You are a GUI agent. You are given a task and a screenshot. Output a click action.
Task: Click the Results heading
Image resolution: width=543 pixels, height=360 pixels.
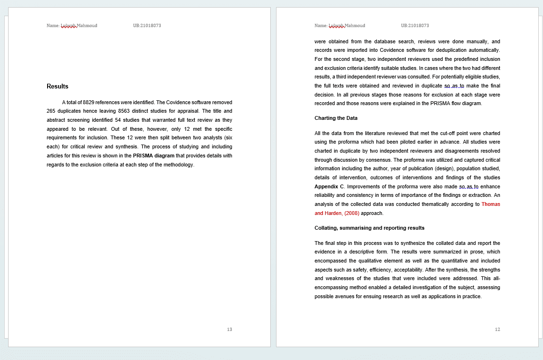click(58, 87)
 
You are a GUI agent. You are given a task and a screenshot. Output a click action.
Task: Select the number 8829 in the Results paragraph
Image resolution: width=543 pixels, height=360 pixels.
click(89, 102)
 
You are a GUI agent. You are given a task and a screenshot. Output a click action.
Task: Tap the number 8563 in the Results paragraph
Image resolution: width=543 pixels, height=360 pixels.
click(124, 111)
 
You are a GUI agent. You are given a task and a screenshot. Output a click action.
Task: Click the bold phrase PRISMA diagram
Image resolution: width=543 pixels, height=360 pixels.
click(154, 156)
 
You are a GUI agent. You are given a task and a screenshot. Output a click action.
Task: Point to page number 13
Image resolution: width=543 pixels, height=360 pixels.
click(229, 330)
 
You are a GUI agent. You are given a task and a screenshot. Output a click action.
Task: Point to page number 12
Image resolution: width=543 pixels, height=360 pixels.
click(497, 330)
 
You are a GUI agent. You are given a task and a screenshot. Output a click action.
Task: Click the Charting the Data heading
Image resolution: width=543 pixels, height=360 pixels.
click(336, 118)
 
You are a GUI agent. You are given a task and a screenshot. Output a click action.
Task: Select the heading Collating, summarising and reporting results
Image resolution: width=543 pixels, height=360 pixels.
click(369, 228)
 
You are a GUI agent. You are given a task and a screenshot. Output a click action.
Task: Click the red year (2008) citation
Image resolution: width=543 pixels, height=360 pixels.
click(352, 213)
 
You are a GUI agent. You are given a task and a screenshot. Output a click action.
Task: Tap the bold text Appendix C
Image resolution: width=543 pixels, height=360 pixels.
click(329, 186)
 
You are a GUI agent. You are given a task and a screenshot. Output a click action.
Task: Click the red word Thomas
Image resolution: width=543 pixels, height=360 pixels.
click(491, 204)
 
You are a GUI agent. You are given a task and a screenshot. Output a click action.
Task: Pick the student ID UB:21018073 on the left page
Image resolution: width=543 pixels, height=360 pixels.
click(147, 26)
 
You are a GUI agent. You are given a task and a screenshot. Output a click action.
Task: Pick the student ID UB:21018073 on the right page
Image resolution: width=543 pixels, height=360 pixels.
click(415, 26)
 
